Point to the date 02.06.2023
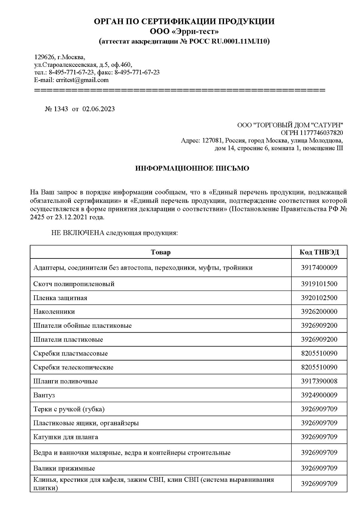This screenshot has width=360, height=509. tap(98, 109)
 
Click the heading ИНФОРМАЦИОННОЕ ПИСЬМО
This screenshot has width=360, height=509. tap(192, 168)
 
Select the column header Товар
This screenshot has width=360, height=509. tap(161, 252)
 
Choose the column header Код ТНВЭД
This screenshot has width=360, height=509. tap(319, 252)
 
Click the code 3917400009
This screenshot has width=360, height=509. tap(319, 267)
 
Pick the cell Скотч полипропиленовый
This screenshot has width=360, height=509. tap(74, 284)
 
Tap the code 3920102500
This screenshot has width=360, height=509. tap(319, 298)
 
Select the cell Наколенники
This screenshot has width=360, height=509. tap(54, 311)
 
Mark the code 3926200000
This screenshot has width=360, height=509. tap(319, 311)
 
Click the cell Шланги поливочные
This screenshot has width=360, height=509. tap(66, 381)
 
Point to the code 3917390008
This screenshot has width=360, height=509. tap(319, 381)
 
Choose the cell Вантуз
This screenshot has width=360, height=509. tap(44, 395)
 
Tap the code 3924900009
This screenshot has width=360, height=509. tap(319, 395)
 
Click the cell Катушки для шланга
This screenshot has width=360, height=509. tap(66, 437)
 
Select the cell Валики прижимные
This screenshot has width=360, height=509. tap(64, 468)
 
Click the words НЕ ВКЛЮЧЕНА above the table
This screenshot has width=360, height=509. tap(78, 232)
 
